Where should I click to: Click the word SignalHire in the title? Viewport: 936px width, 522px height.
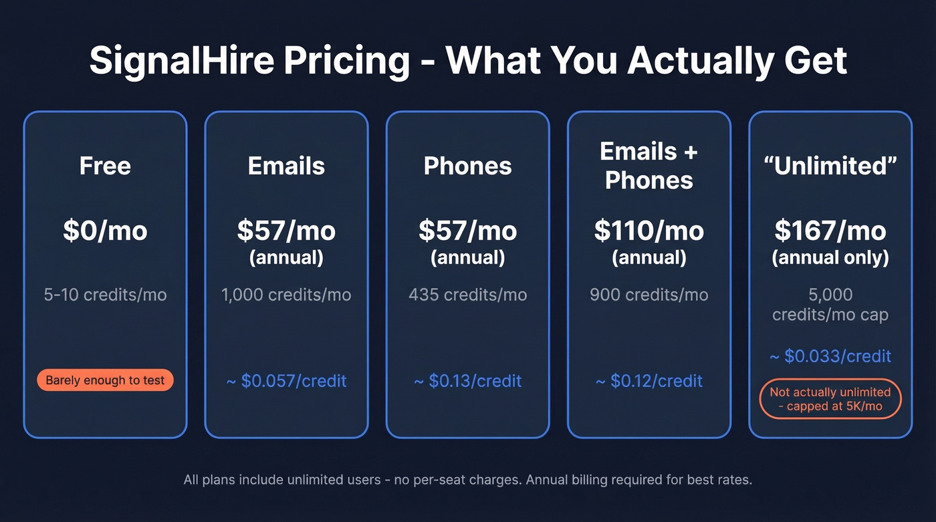click(182, 61)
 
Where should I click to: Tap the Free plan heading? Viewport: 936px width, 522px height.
click(105, 166)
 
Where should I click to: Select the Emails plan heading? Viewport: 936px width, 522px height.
click(286, 166)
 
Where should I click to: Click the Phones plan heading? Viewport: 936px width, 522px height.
click(467, 166)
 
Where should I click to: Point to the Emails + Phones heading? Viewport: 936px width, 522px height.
click(649, 166)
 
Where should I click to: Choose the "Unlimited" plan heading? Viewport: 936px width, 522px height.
click(830, 166)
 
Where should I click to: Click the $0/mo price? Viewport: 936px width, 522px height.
click(105, 231)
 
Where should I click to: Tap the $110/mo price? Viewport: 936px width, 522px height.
click(649, 231)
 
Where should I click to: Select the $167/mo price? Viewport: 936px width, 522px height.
click(830, 231)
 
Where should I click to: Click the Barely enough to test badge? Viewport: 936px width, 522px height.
click(105, 380)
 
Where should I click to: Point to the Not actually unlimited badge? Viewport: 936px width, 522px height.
click(830, 399)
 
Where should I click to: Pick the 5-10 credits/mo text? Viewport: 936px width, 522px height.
click(105, 295)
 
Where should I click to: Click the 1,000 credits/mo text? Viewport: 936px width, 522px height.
click(286, 295)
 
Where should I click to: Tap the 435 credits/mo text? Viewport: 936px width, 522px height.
click(467, 295)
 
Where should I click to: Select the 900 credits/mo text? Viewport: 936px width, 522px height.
click(649, 295)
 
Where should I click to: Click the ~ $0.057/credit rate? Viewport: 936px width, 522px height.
click(286, 381)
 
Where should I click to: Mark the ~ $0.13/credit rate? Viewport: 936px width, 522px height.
click(467, 381)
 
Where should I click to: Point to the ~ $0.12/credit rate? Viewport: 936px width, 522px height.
click(649, 381)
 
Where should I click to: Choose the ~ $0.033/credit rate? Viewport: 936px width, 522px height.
click(830, 356)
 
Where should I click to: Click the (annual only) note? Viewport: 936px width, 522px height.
click(830, 257)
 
